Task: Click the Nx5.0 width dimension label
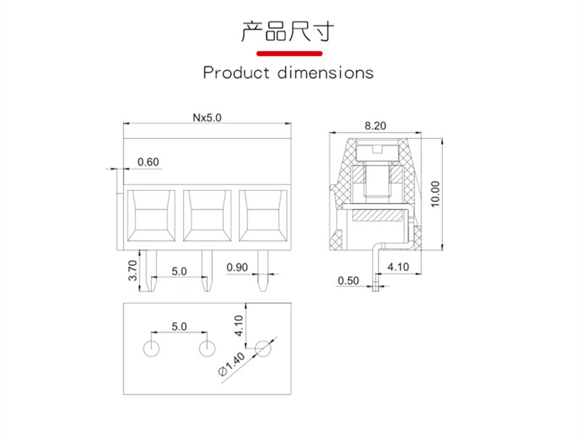(207, 118)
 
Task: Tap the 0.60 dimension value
(148, 162)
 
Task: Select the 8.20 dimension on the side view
(375, 126)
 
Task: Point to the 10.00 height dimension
(436, 194)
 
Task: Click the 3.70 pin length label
(132, 270)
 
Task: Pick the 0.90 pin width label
(237, 268)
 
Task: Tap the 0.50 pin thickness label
(348, 281)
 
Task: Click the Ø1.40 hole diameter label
(232, 364)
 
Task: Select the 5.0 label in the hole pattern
(179, 327)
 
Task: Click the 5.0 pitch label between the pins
(179, 272)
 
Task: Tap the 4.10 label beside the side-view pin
(398, 267)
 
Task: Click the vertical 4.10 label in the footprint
(240, 325)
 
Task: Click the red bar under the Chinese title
(289, 54)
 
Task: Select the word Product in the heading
(237, 72)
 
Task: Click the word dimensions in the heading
(325, 72)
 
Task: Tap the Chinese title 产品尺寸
(288, 31)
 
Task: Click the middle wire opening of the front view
(207, 215)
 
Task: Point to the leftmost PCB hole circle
(151, 348)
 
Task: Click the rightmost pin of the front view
(263, 270)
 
